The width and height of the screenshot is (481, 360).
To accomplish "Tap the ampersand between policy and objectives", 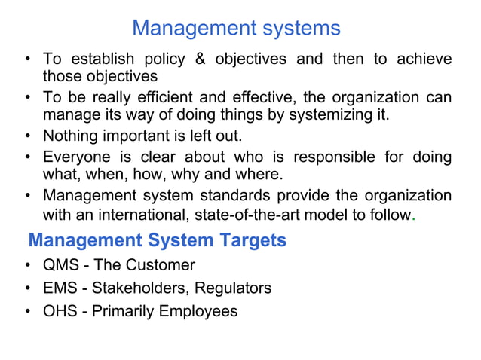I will [200, 59].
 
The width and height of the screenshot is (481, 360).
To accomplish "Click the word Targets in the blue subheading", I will [250, 241].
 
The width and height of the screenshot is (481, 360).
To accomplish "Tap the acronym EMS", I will [60, 288].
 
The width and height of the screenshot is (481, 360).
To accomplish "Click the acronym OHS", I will [60, 310].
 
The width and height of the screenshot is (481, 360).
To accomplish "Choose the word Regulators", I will [233, 288].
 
